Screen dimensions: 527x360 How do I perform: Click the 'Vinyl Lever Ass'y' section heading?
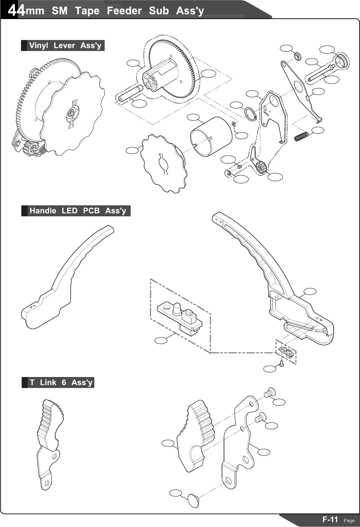pos(65,46)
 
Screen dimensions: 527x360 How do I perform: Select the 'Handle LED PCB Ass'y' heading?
pos(78,211)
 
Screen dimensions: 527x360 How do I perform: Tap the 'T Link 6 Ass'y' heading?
pos(61,383)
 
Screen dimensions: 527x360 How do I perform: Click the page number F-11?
pos(330,519)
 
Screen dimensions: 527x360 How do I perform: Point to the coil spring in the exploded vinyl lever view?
pos(302,136)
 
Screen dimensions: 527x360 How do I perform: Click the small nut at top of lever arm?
pos(297,56)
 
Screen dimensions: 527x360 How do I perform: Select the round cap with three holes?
pos(341,61)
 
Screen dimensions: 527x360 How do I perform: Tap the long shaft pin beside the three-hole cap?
pos(321,73)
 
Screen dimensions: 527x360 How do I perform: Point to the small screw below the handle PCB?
pos(282,364)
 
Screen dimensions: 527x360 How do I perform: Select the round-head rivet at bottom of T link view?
pos(194,501)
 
